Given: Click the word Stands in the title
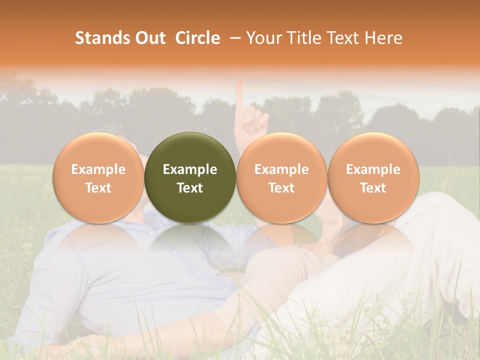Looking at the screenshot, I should click(x=102, y=38).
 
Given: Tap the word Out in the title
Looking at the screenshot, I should click(x=149, y=38).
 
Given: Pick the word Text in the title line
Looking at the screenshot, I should click(x=344, y=38).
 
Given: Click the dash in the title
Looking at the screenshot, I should click(x=232, y=38).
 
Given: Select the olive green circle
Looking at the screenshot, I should click(x=190, y=177).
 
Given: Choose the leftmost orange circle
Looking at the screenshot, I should click(x=98, y=177).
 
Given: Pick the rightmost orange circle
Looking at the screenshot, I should click(x=373, y=177).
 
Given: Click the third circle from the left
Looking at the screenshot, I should click(x=281, y=177).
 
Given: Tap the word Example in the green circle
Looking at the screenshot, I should click(x=190, y=169).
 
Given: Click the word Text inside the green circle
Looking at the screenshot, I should click(x=190, y=188).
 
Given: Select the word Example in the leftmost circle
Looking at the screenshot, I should click(x=98, y=169).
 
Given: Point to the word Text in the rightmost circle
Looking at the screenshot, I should click(x=373, y=188).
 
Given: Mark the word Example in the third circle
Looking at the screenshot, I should click(x=281, y=169).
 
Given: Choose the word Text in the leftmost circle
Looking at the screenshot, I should click(x=98, y=188).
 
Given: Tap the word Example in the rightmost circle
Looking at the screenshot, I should click(x=373, y=169).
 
